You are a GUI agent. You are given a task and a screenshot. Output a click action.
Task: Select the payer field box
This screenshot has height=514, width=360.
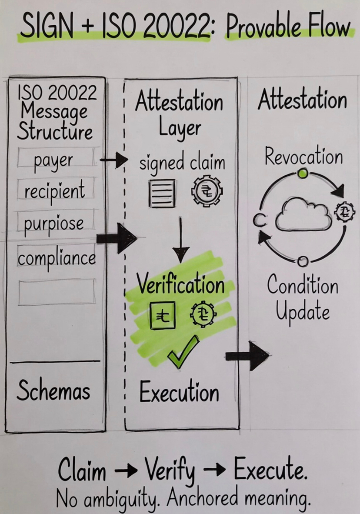[56, 159]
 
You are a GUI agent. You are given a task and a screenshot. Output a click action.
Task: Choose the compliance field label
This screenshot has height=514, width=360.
[57, 257]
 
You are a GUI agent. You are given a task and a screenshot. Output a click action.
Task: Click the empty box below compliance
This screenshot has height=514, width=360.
[57, 291]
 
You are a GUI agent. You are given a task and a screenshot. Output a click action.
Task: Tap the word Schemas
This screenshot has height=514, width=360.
[53, 390]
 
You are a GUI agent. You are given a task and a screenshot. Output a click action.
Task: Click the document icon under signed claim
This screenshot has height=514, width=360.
[162, 193]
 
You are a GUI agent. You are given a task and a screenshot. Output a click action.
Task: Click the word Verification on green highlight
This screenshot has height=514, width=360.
[181, 285]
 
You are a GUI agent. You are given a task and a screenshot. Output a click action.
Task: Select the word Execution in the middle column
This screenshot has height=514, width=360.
[179, 392]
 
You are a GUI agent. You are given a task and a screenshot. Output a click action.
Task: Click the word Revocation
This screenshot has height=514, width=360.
[303, 156]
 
